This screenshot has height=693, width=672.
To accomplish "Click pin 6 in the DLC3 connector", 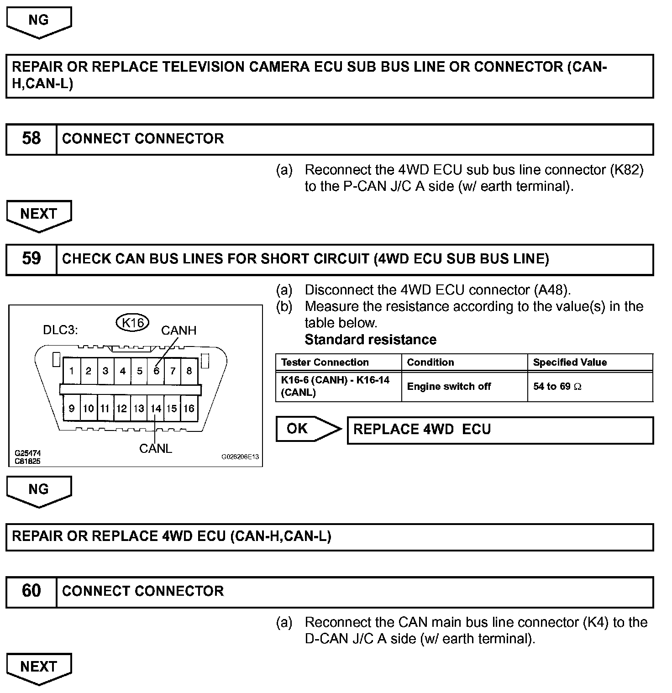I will tap(156, 371).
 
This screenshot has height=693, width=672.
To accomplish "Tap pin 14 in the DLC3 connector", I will tap(156, 409).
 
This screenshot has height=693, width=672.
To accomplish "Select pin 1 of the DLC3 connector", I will tap(72, 371).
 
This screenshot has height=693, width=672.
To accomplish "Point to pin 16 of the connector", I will tap(189, 409).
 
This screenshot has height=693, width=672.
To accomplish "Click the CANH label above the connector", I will tap(178, 331).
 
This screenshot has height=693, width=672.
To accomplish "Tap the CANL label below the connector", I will tap(156, 449).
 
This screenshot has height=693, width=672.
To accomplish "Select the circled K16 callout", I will tap(133, 323).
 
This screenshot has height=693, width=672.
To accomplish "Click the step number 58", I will tap(31, 139).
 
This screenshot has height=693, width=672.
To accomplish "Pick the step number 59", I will tap(31, 259).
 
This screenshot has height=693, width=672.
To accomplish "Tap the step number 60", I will tap(31, 591).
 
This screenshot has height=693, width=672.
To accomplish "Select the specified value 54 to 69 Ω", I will tap(557, 387).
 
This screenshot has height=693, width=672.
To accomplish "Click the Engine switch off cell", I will tap(449, 387).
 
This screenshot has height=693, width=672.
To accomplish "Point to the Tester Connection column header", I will tap(325, 362).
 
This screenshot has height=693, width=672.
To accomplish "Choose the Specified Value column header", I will tap(570, 362).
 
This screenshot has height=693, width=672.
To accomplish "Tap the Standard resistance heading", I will tap(370, 340).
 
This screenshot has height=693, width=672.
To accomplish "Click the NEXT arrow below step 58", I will tap(39, 215).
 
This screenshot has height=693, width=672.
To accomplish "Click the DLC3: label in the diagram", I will tap(60, 330).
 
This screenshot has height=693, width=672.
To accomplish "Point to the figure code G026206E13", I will tap(240, 457).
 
